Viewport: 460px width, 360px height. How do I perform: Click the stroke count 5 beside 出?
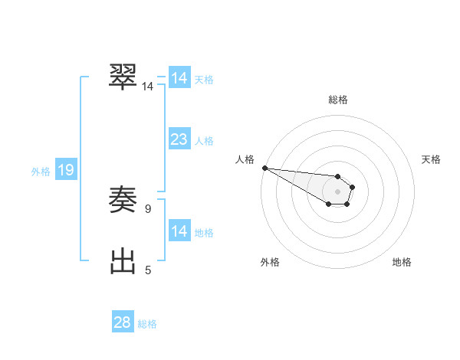click(148, 270)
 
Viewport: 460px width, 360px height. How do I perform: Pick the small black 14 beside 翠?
click(147, 87)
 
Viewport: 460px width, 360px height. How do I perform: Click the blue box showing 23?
click(179, 139)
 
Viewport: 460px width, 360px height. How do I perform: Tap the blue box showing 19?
click(65, 170)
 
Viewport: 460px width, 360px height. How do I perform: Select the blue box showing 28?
click(123, 322)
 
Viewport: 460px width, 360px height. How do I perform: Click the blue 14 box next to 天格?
click(179, 78)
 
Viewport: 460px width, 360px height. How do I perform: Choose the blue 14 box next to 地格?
click(179, 231)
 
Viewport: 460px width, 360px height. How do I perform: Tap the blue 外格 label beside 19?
click(41, 172)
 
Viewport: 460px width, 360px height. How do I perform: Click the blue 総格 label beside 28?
click(147, 324)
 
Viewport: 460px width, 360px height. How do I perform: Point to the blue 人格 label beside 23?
click(204, 141)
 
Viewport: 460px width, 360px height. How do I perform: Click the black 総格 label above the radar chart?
click(337, 100)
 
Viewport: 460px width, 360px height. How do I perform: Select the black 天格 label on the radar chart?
click(431, 159)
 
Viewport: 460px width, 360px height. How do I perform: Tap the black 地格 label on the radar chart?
click(402, 262)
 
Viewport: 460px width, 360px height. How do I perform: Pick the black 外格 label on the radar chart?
click(270, 262)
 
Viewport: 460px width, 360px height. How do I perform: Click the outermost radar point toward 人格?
click(264, 168)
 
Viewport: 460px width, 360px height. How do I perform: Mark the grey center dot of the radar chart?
click(337, 191)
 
